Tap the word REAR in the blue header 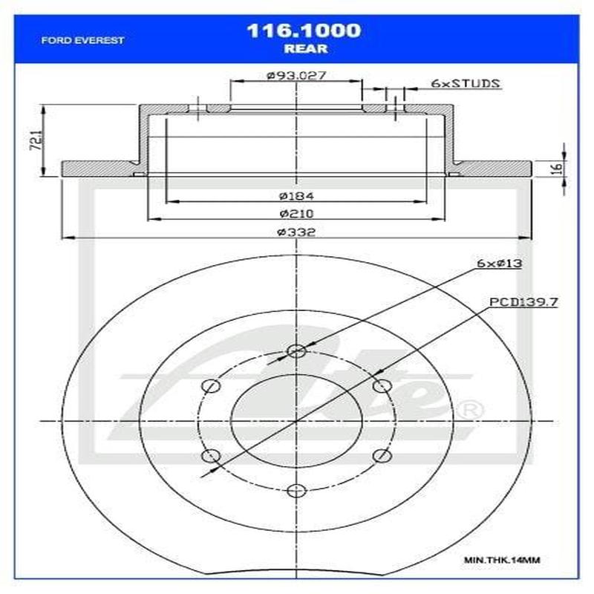(x=304, y=50)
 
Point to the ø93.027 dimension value (x=297, y=75)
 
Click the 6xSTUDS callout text (x=465, y=83)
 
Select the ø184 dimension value (x=297, y=197)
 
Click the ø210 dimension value (x=297, y=214)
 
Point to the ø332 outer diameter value (x=297, y=232)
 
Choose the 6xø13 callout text (x=498, y=264)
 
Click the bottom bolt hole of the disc (x=296, y=490)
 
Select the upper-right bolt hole (x=382, y=386)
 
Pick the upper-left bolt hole (x=211, y=386)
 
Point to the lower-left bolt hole (x=211, y=455)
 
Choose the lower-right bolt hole (x=382, y=455)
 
